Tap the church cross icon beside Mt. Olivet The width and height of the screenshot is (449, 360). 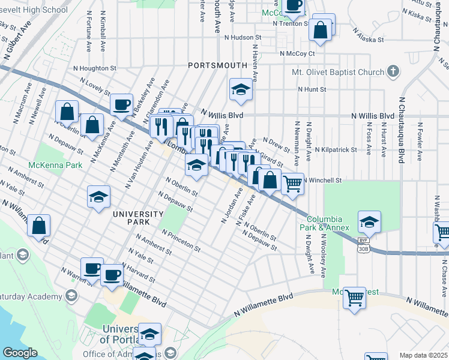click(x=393, y=72)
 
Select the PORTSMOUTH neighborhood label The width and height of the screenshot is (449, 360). click(x=217, y=65)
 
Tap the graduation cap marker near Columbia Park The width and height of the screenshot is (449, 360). click(x=370, y=222)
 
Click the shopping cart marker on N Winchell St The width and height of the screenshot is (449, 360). click(x=292, y=184)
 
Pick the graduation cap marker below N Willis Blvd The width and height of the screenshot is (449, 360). click(x=241, y=90)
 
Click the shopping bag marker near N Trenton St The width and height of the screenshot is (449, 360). click(x=321, y=29)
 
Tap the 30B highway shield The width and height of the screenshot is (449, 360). click(x=363, y=247)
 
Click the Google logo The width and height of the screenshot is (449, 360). click(x=20, y=353)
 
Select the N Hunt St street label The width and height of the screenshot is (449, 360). click(x=312, y=89)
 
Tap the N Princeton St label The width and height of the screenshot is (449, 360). click(x=180, y=239)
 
